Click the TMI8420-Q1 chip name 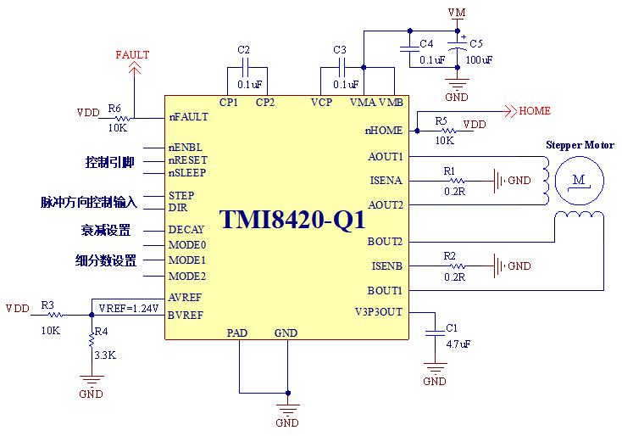(x=292, y=219)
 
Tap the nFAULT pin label (x=188, y=117)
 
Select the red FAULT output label (x=132, y=55)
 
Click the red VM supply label (x=457, y=13)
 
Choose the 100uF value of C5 (x=479, y=60)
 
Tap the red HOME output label (x=535, y=111)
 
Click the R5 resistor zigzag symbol (x=448, y=131)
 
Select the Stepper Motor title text (x=580, y=145)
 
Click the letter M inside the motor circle (x=579, y=180)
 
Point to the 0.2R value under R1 (x=454, y=192)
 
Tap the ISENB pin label (x=386, y=266)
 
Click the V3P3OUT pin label (x=379, y=312)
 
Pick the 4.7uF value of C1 (x=458, y=344)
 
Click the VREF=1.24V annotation (x=129, y=308)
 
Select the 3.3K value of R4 (x=105, y=355)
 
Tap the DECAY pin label (x=186, y=230)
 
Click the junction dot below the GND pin (x=288, y=393)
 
